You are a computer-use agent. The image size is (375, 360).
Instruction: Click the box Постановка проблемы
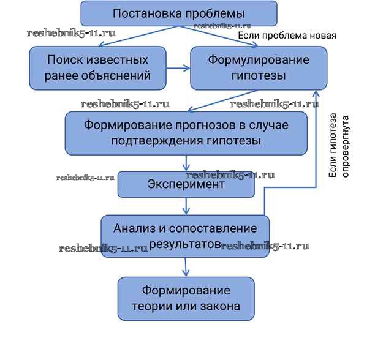tap(179, 13)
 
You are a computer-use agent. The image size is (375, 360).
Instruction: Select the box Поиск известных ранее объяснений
tap(97, 68)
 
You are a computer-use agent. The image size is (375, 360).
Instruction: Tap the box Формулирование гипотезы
tap(258, 68)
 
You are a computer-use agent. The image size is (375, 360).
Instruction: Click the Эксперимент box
tap(185, 184)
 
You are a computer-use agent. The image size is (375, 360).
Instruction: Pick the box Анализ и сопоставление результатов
tap(185, 236)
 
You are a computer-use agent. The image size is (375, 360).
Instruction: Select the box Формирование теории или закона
tap(185, 298)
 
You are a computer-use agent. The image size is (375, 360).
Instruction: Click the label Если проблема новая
tap(287, 36)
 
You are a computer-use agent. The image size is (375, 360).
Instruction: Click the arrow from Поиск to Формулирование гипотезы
tap(178, 68)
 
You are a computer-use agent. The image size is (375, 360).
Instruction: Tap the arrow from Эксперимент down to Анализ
tap(185, 206)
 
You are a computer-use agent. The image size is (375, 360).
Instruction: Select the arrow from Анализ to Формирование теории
tap(185, 267)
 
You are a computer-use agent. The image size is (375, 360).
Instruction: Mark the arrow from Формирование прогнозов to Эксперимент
tap(185, 163)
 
